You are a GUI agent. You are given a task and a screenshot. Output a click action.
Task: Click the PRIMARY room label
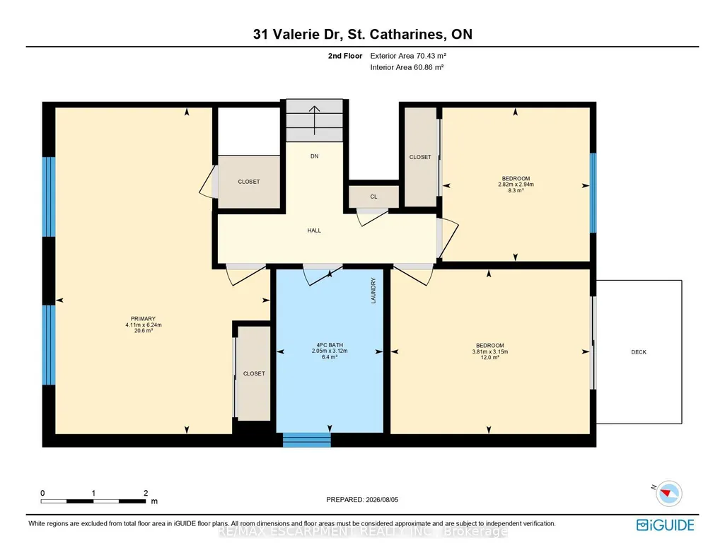coord(143,318)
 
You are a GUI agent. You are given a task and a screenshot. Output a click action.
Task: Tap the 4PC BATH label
coord(330,344)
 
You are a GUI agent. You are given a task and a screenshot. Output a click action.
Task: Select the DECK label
coord(639,352)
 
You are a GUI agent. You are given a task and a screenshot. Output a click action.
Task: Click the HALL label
coord(314,230)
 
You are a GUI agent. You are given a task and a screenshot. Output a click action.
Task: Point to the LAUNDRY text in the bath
coord(373,291)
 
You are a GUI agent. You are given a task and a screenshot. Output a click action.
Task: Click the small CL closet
coord(373,197)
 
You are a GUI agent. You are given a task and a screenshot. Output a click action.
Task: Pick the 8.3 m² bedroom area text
coord(516,190)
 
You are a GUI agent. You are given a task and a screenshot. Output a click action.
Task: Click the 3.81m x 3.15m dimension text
coord(489,351)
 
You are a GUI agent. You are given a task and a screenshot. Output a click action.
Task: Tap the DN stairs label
coord(315,156)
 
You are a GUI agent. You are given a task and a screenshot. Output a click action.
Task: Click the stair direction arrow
coord(315,120)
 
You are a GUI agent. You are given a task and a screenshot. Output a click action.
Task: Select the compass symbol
coord(668,493)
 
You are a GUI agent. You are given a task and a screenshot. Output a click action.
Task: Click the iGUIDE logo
coord(666,525)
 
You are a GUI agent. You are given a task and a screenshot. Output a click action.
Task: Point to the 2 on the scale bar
coord(146,493)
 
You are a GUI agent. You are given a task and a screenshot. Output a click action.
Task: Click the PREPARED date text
coord(362,499)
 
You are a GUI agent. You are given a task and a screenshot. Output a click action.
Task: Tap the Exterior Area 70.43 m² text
coord(408,56)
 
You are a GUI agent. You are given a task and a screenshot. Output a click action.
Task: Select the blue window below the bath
coord(307,440)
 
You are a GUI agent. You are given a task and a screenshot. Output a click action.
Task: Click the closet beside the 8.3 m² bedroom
coord(420,157)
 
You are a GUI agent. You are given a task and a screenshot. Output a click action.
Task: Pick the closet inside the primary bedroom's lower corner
coord(254,373)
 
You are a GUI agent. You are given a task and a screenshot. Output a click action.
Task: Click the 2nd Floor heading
coord(345,56)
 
